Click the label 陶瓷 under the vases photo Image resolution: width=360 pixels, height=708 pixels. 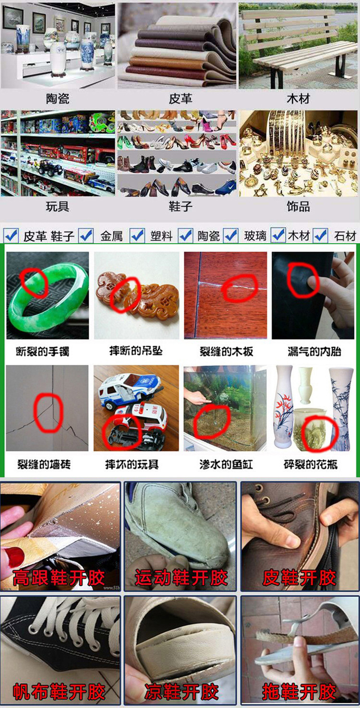(58, 99)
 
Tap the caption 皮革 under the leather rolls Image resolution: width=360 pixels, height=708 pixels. (180, 99)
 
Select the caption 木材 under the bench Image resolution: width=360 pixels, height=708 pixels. (298, 99)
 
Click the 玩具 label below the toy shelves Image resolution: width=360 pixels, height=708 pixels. (58, 207)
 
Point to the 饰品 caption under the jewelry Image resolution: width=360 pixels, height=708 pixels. (298, 207)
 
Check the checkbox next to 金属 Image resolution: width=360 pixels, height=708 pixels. (86, 235)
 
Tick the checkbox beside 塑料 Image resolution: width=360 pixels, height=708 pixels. (137, 235)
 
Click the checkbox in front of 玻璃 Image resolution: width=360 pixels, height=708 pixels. (231, 235)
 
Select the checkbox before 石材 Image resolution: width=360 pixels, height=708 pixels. (321, 235)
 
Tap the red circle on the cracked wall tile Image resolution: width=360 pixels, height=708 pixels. (48, 411)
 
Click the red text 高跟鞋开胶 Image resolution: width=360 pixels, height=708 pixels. (59, 578)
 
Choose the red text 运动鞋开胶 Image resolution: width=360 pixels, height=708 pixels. (181, 578)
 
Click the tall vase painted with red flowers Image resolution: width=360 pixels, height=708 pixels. (284, 408)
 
